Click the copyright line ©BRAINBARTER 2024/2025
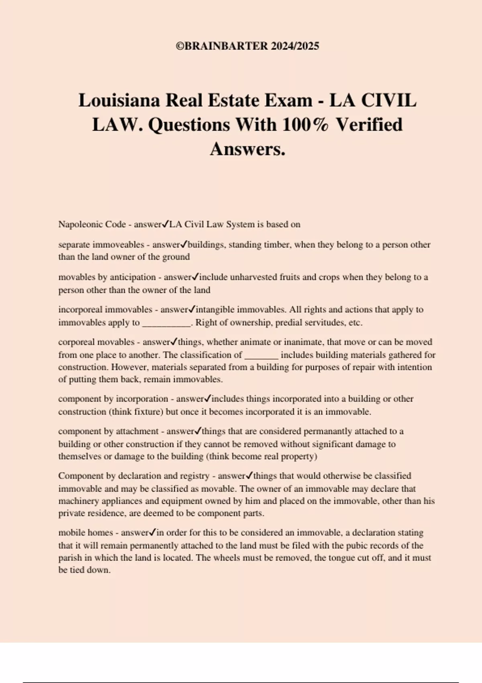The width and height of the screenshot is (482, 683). point(247,46)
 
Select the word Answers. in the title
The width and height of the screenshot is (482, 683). point(247,149)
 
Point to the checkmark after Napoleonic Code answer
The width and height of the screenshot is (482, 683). point(165,224)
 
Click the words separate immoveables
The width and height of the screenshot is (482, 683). point(101,245)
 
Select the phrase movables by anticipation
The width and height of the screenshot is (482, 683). point(107,277)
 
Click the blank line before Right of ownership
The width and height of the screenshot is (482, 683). point(166,323)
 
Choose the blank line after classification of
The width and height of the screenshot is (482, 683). point(261,356)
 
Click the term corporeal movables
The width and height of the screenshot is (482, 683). point(96,342)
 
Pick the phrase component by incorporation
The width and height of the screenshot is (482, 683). point(113,399)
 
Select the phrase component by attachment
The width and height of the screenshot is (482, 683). point(108,431)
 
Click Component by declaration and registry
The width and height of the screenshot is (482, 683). point(134,476)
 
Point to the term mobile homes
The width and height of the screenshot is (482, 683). point(86,533)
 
